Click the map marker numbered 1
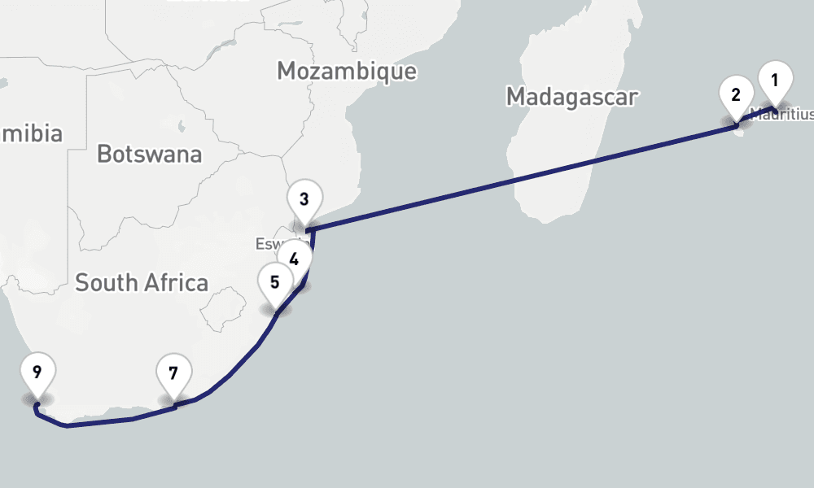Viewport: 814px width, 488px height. point(775,81)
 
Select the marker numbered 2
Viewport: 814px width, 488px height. point(736,94)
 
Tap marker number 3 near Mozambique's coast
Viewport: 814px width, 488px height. point(304,198)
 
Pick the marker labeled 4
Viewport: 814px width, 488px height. point(295,260)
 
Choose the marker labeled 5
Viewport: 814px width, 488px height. point(275,282)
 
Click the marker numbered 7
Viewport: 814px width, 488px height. point(173,374)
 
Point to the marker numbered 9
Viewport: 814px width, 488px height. point(37,373)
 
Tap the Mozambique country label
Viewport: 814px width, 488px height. point(346,71)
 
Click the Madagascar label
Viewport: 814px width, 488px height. point(571,97)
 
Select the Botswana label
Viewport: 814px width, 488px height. point(149,153)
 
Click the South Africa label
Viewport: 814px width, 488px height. point(142,282)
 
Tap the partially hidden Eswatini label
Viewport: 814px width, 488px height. point(269,244)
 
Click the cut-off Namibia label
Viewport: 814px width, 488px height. point(31,133)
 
